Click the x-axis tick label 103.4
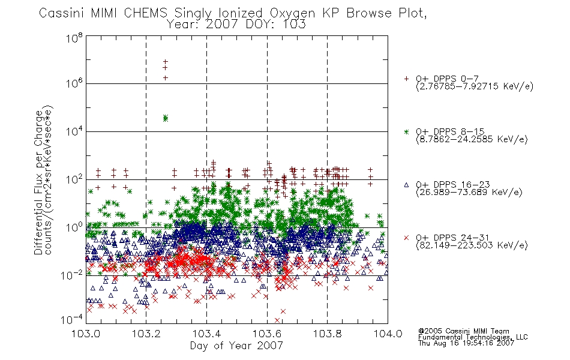[207, 334]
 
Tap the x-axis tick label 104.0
[388, 334]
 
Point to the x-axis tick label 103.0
[86, 334]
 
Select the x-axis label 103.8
[328, 334]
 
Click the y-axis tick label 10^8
[74, 38]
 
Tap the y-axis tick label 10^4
[74, 131]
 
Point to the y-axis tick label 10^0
[74, 227]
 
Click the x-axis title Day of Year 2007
[236, 346]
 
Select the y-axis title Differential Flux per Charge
[38, 182]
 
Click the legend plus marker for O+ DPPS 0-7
[406, 79]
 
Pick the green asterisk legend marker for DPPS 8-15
[406, 131]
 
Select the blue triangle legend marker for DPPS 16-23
[406, 185]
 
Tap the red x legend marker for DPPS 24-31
[406, 238]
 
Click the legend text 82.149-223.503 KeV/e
[472, 245]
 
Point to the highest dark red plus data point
[166, 61]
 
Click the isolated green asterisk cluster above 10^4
[166, 118]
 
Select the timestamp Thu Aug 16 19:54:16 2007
[466, 343]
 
